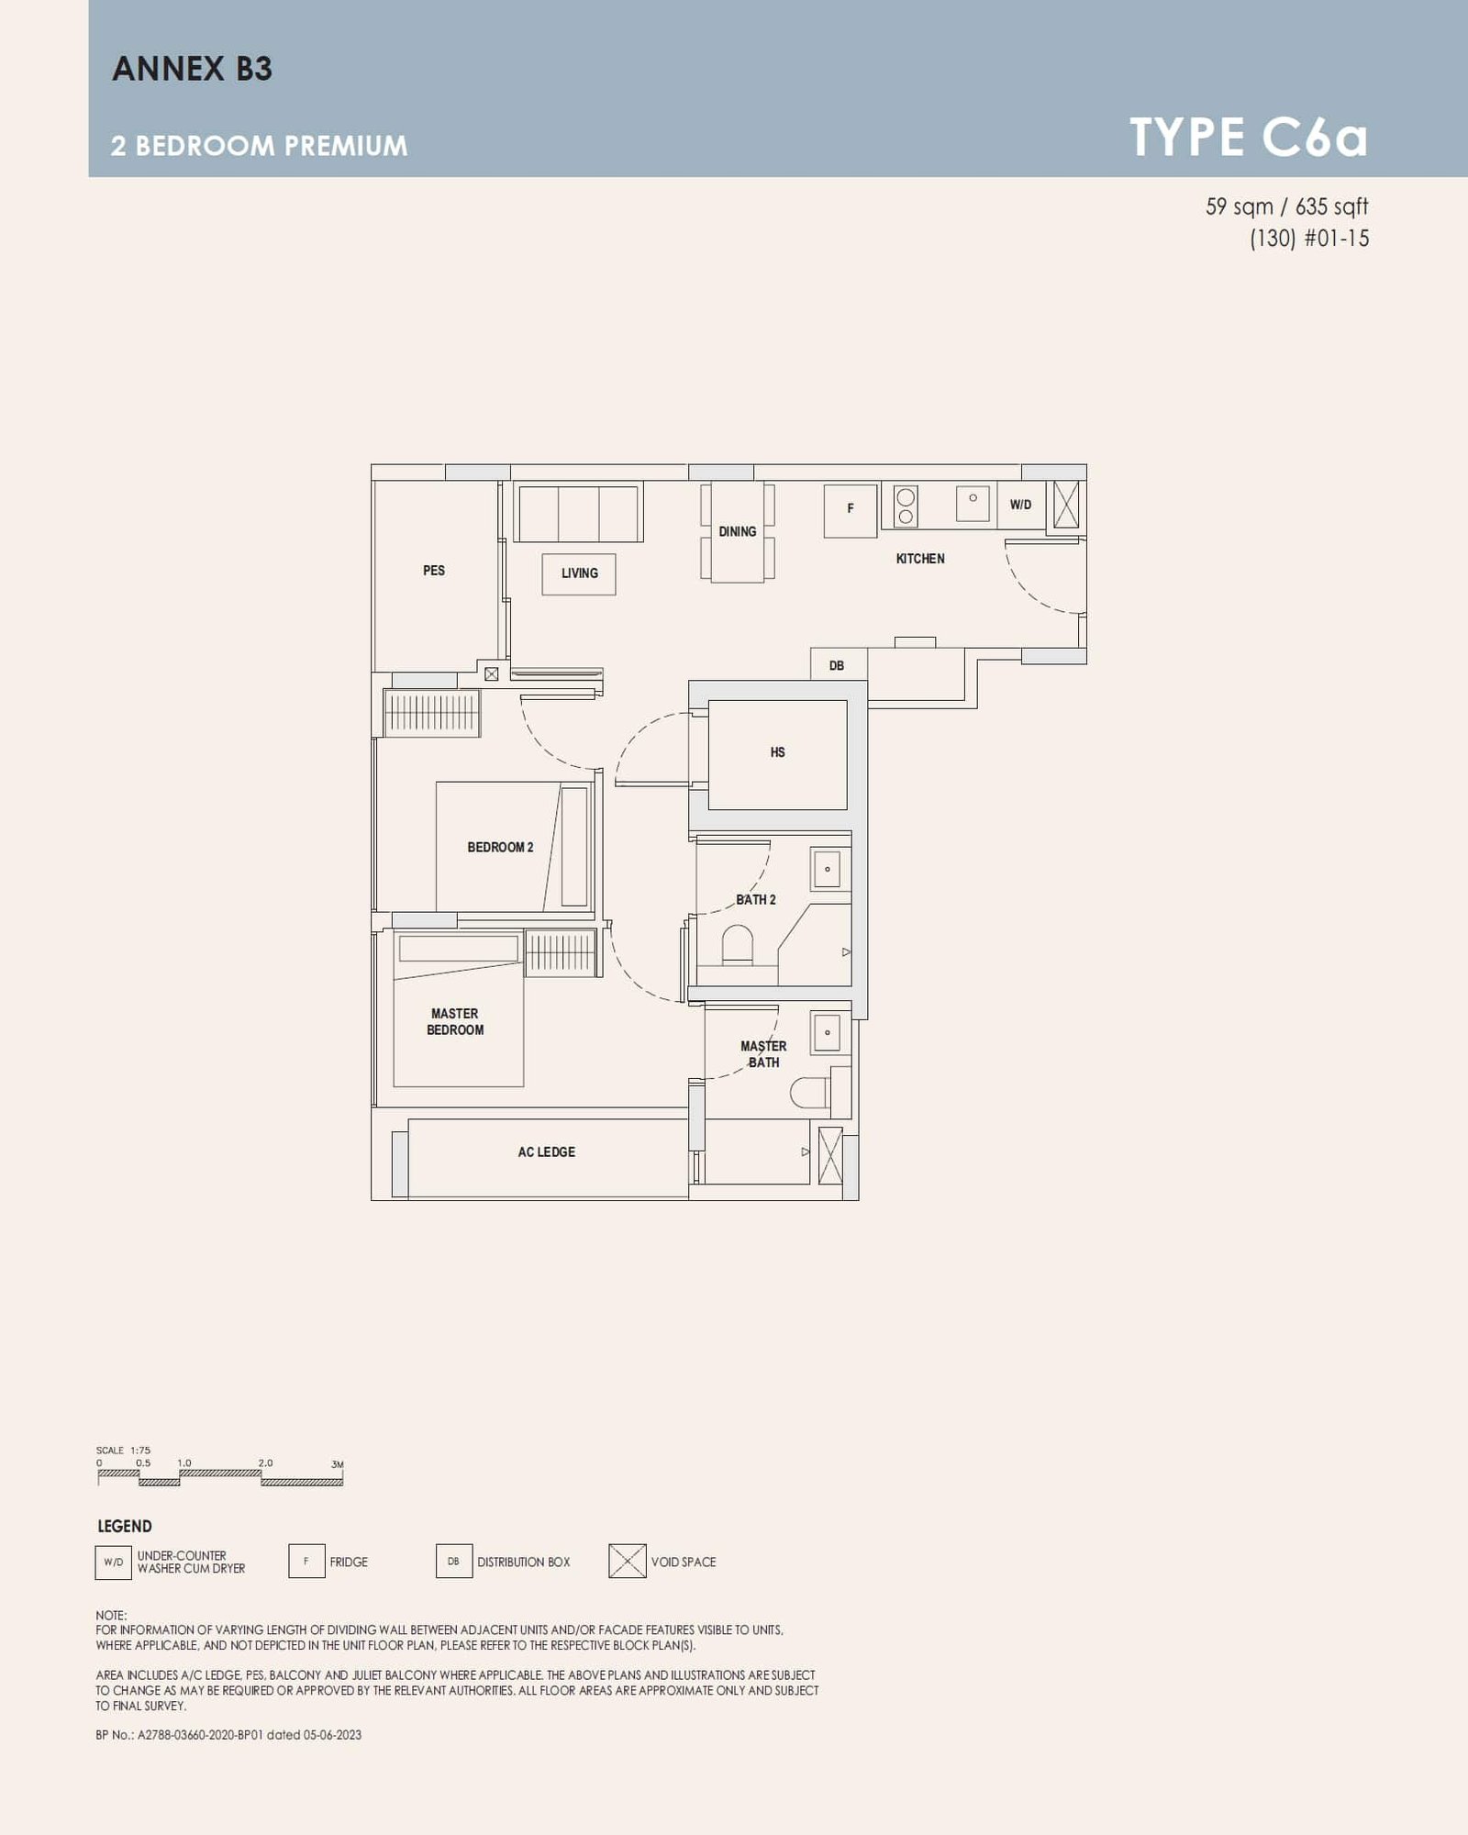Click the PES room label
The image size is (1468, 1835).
coord(434,571)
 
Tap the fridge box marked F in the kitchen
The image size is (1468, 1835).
coord(851,510)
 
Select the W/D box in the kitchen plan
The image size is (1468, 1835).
coord(1020,506)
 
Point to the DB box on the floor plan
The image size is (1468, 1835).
coord(838,665)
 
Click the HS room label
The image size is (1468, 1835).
coord(777,752)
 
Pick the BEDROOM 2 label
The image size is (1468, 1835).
coord(500,847)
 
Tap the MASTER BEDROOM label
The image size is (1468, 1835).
coord(455,1022)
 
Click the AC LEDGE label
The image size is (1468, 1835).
coord(547,1152)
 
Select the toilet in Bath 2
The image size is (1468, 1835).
coord(737,946)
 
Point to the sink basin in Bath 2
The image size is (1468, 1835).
coord(827,869)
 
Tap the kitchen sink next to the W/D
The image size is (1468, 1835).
coord(973,504)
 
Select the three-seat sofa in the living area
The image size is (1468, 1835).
coord(578,513)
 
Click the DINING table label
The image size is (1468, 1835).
coord(738,532)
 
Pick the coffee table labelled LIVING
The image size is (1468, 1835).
coord(579,573)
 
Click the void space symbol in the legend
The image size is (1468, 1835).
coord(628,1562)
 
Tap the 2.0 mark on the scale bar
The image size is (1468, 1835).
coord(265,1463)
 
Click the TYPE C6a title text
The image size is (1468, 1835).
coord(1248,138)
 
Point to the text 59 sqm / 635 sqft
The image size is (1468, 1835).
coord(1286,207)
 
